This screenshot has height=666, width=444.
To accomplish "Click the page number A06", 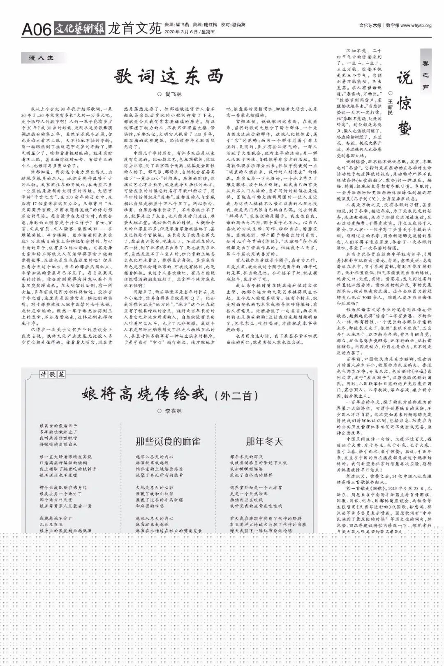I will point(37,29).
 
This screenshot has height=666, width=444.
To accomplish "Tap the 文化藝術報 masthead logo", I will point(79,28).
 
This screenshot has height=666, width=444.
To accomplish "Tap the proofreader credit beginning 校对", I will point(233,25).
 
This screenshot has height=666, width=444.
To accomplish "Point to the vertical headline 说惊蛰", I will point(404,103).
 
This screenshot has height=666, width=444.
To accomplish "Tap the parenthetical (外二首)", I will point(236,396).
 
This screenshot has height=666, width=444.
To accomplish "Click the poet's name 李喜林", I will point(173,411).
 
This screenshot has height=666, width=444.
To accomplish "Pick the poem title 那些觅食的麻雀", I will point(168,441).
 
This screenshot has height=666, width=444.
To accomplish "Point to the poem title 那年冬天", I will point(264,441).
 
